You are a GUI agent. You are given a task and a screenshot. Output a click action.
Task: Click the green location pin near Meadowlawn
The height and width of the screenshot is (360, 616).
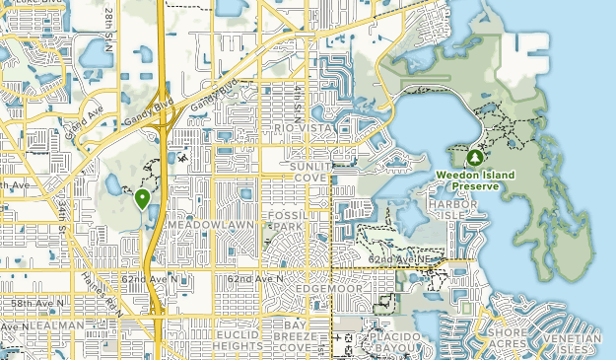tap(143, 199)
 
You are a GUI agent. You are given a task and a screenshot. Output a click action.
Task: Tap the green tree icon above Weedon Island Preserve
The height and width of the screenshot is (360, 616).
tap(474, 158)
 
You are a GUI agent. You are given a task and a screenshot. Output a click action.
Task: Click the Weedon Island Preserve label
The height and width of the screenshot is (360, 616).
tap(474, 181)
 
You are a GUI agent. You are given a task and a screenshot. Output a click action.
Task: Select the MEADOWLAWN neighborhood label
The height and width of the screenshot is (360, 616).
tap(210, 226)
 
